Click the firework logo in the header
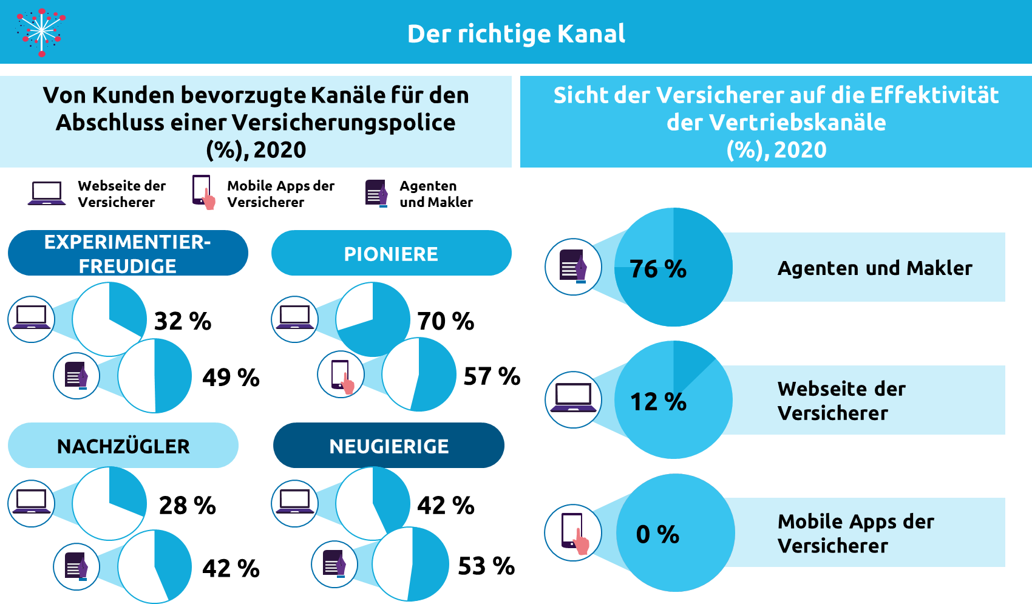coord(41,32)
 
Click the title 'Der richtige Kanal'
coord(516,34)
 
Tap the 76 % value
coord(658,269)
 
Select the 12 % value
coord(658,402)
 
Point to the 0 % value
coord(657,534)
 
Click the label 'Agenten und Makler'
coord(875,268)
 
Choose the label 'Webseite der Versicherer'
coord(841,401)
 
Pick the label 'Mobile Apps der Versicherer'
coord(855,534)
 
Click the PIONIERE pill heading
coord(391,254)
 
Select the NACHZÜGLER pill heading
coord(123,446)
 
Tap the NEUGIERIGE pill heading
coord(389,446)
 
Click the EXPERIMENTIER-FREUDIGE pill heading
coord(127,254)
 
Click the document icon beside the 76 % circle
coord(573,267)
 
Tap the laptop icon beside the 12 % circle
coord(573,399)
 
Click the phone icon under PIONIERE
coord(341,375)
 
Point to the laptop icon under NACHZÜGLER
coord(31,503)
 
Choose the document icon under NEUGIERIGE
coord(334,565)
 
